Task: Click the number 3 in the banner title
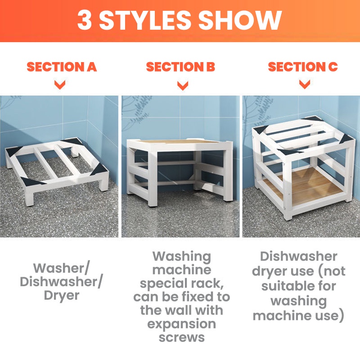85,20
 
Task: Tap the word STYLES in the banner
144,20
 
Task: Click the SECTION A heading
62,67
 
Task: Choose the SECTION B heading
180,67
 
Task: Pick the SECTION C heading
303,67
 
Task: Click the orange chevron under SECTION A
60,85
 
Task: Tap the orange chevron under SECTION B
183,85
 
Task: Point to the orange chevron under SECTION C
305,84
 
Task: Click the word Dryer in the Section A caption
62,296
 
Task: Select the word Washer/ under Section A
61,268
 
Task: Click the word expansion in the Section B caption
182,324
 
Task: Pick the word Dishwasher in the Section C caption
298,256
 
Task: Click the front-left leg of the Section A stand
30,196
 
